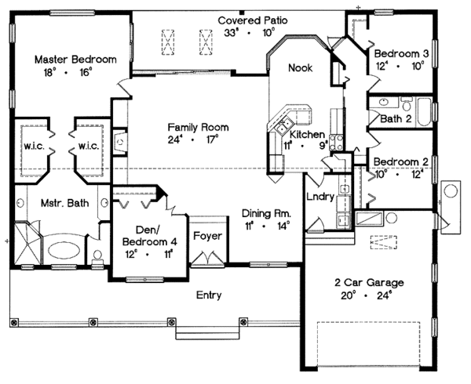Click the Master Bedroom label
tap(75, 60)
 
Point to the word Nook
tap(300, 68)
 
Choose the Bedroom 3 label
tap(400, 53)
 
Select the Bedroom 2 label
tap(400, 161)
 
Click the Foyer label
tap(207, 236)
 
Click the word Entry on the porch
tap(209, 295)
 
